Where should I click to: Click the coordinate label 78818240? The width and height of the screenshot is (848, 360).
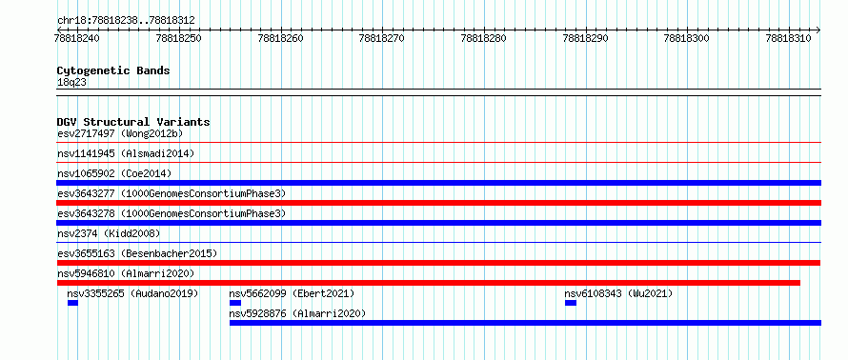[77, 38]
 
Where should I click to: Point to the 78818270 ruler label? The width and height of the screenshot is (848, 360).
[382, 38]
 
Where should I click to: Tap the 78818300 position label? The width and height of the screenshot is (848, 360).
[687, 38]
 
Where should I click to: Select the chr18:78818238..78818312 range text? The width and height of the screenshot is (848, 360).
[126, 21]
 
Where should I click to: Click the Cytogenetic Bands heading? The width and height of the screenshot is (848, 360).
[113, 70]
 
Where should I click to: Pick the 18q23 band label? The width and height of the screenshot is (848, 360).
[71, 82]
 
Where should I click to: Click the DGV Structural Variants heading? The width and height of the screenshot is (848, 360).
[133, 122]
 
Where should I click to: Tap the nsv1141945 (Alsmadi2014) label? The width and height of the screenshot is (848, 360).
[126, 153]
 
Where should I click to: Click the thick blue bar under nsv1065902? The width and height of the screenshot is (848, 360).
[439, 183]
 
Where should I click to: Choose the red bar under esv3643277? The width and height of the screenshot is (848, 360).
[439, 203]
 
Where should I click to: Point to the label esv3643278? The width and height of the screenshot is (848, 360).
[86, 213]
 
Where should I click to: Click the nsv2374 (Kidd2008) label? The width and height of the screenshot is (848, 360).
[109, 233]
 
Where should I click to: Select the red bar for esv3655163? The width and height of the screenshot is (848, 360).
[439, 263]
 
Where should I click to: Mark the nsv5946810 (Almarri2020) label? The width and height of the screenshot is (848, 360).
[126, 273]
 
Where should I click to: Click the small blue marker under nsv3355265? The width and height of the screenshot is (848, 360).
[73, 303]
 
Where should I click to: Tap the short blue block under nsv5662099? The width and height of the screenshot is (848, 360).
[235, 303]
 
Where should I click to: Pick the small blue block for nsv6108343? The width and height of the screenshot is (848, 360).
[571, 303]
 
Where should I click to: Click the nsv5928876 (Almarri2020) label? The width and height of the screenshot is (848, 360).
[297, 313]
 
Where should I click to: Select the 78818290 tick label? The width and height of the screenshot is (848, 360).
[585, 38]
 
